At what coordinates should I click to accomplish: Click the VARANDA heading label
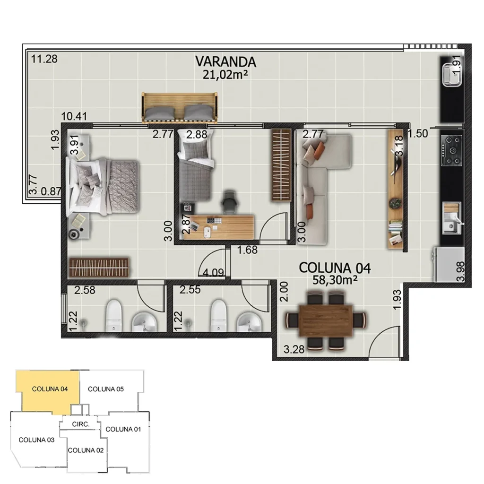(225, 62)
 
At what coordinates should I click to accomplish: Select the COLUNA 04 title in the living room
(334, 268)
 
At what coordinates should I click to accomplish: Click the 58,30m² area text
(334, 279)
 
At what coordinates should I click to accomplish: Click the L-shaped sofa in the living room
(317, 180)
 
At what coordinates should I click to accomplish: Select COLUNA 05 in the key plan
(106, 389)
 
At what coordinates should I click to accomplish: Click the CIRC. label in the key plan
(81, 424)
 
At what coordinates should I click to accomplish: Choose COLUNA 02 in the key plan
(86, 450)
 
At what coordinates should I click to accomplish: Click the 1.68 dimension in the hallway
(247, 250)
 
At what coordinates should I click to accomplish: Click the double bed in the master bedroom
(104, 187)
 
